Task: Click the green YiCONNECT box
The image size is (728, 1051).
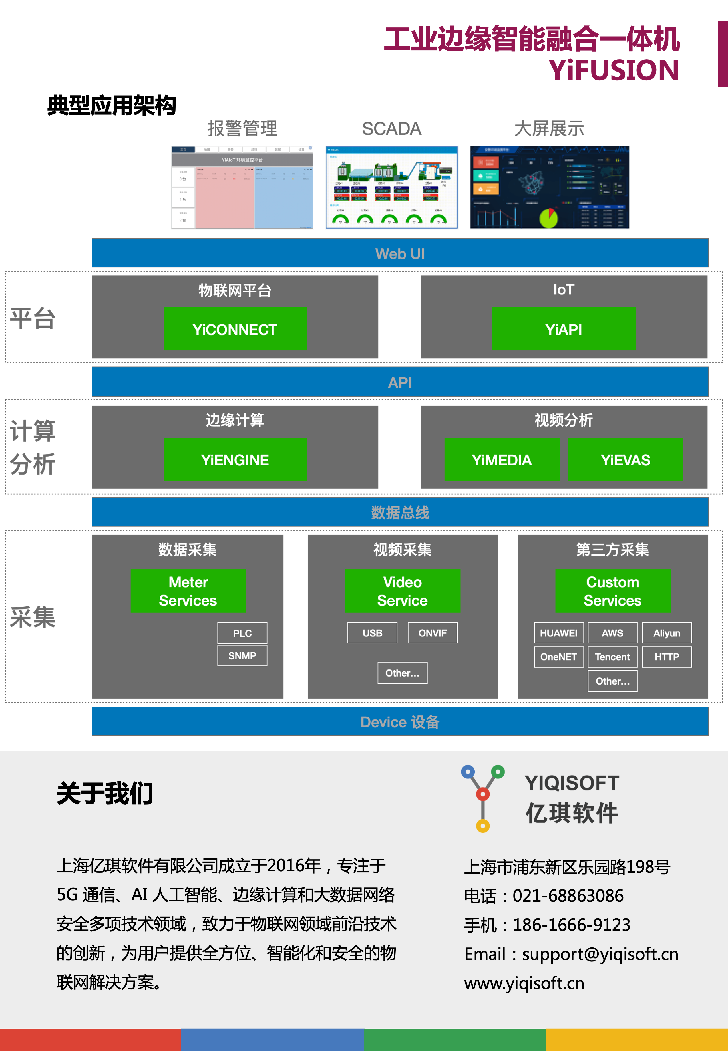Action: click(235, 329)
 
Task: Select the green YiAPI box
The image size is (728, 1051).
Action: click(563, 329)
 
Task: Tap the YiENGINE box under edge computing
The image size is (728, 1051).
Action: click(235, 459)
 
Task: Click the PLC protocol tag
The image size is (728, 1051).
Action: click(242, 633)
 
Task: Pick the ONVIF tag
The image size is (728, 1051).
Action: click(433, 633)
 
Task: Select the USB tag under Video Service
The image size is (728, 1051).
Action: click(372, 633)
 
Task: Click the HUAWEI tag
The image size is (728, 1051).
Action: click(558, 633)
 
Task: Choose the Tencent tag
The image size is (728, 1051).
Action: click(612, 657)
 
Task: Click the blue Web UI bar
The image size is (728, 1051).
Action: click(400, 253)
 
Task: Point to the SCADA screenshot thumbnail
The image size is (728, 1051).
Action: click(391, 187)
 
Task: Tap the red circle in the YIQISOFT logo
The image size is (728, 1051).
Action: click(482, 794)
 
